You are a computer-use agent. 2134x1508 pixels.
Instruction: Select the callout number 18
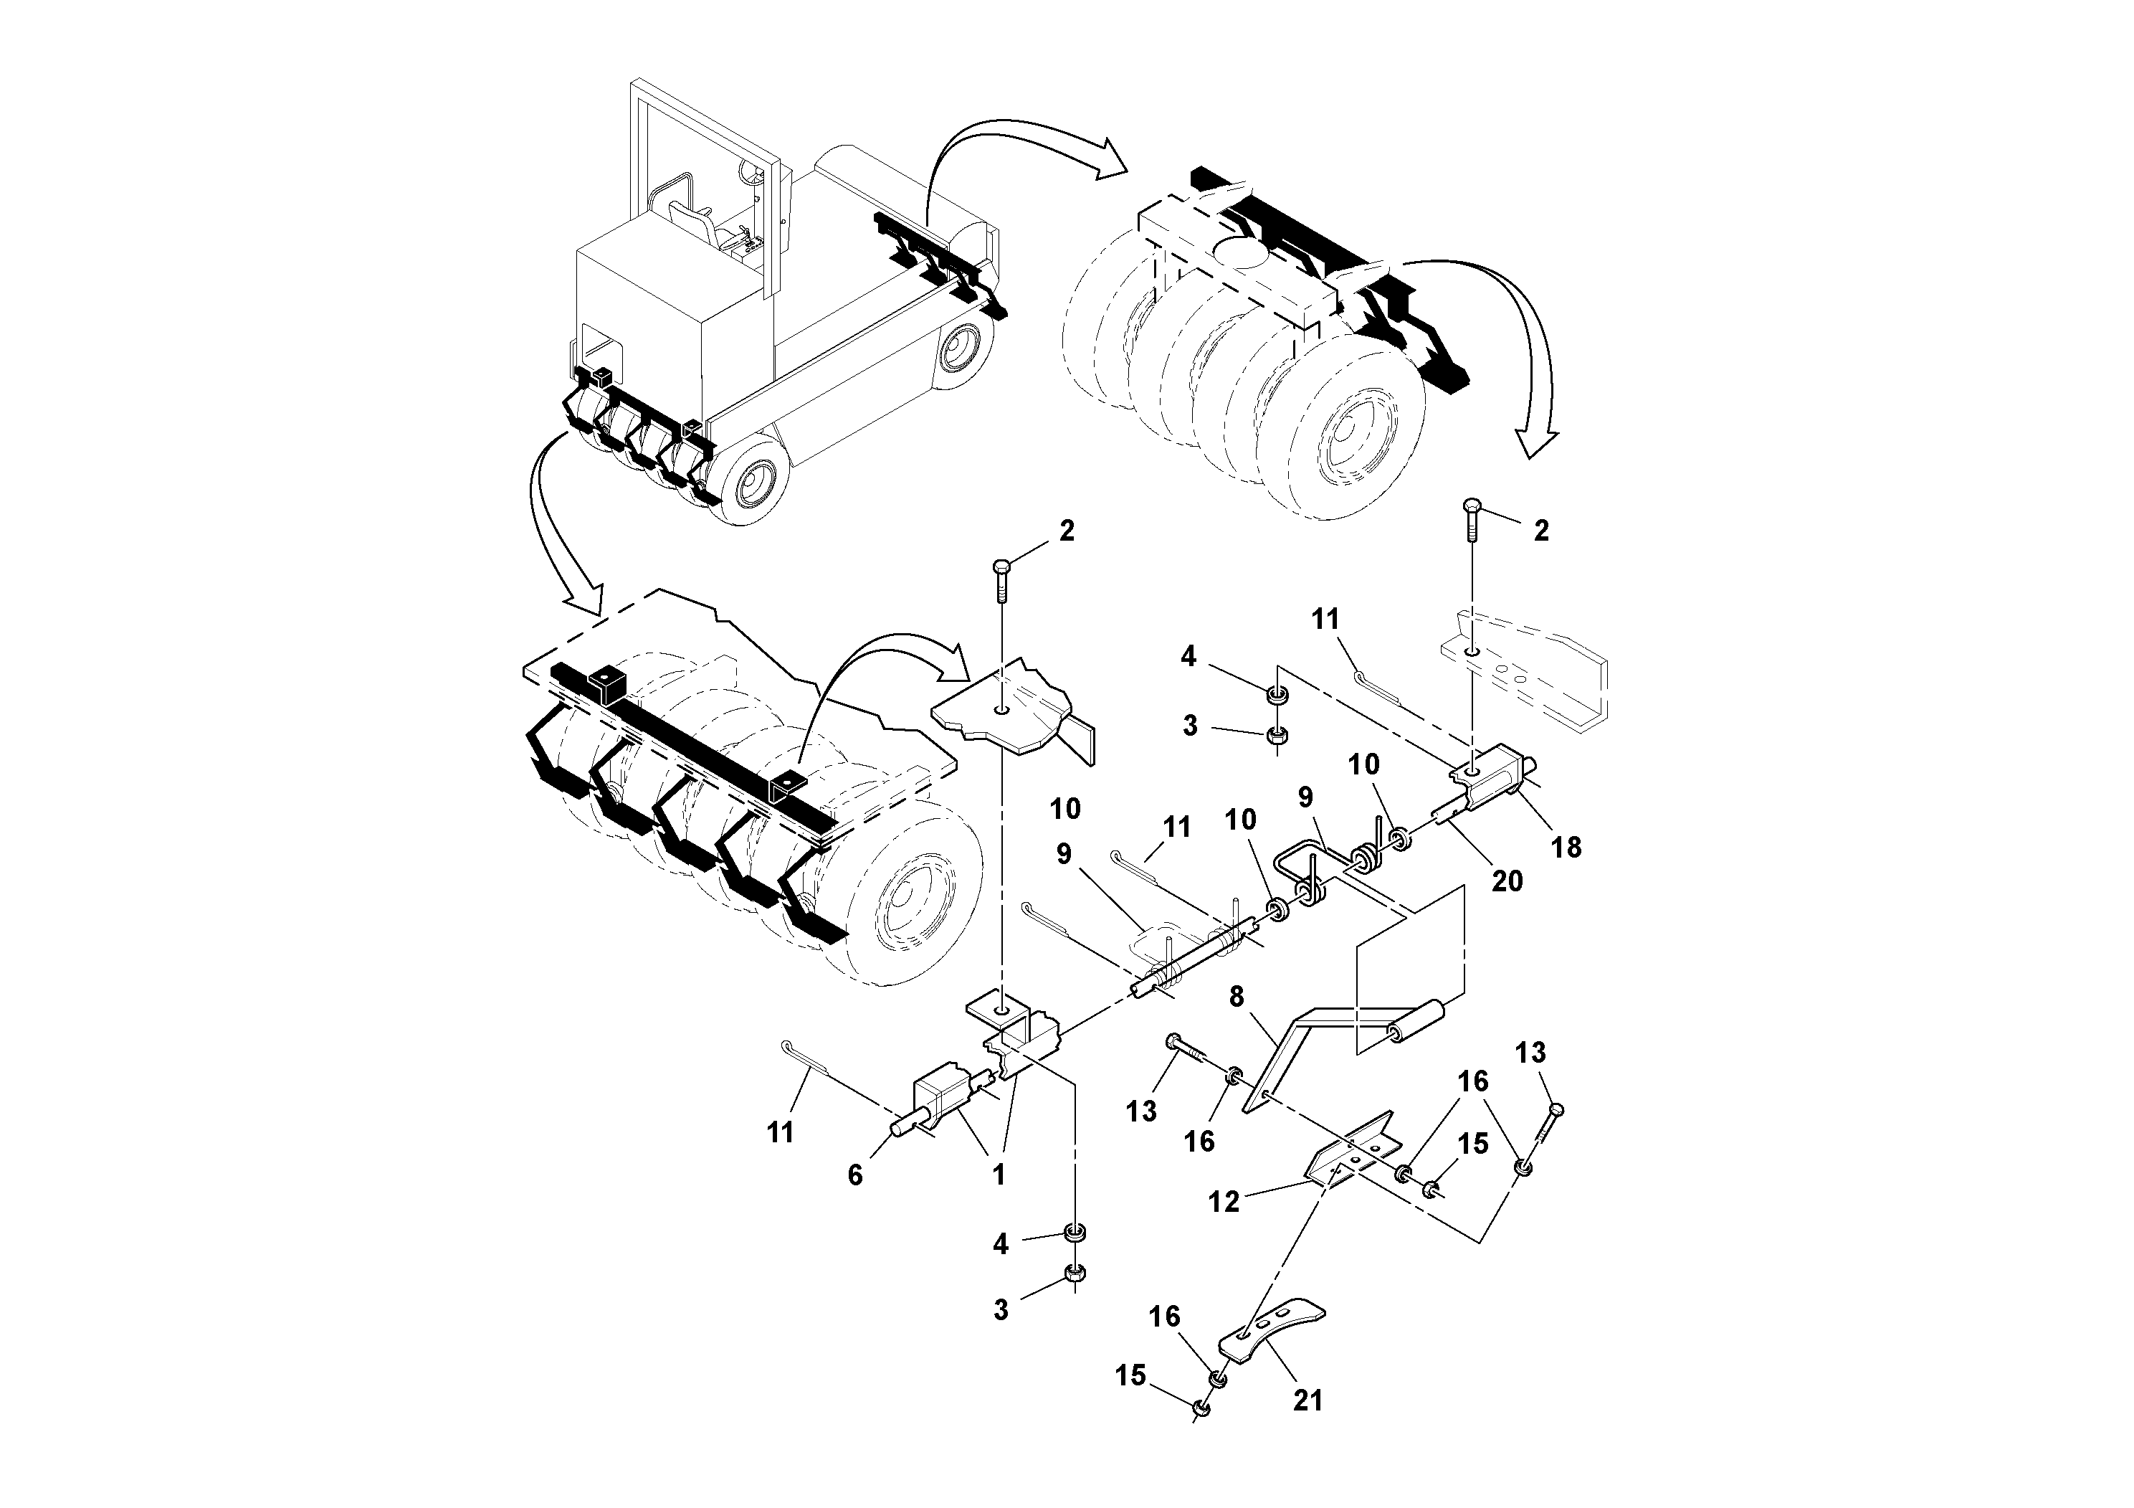(x=1567, y=847)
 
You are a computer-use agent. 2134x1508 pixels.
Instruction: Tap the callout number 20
(x=1507, y=881)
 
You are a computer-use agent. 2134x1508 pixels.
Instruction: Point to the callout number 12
(x=1224, y=1201)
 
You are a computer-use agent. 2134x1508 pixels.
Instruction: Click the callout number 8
(x=1236, y=997)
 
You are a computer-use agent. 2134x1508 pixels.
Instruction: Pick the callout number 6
(x=855, y=1175)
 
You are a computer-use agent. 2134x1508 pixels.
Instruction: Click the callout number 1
(x=999, y=1175)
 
